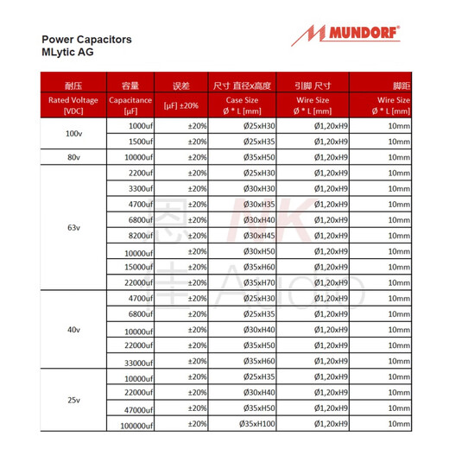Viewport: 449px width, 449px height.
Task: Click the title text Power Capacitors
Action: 86,40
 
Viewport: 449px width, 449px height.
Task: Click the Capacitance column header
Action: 130,104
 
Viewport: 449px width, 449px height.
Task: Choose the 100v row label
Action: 73,134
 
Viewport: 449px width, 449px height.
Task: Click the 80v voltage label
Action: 73,157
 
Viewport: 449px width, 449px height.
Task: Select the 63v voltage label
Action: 73,228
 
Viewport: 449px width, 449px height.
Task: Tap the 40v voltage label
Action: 73,330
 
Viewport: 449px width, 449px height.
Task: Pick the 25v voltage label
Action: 73,401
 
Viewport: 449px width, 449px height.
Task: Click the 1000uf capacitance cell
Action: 140,126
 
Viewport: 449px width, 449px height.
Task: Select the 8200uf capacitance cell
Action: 140,236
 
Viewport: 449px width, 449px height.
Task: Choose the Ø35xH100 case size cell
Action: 258,424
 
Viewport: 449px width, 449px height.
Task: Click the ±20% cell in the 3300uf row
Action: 198,188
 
